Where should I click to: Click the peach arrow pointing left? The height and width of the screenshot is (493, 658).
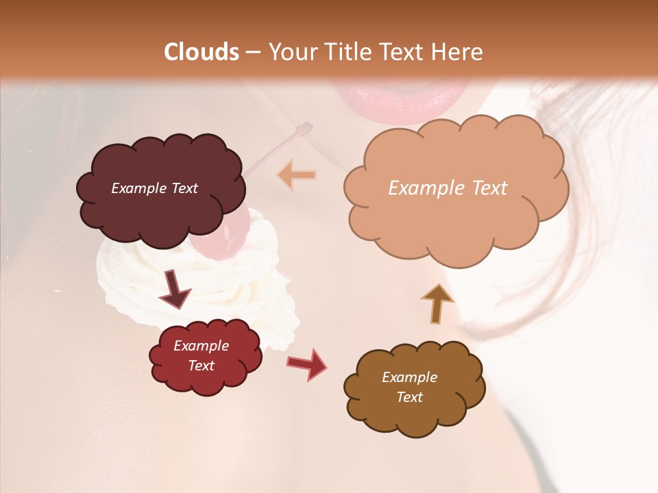[297, 175]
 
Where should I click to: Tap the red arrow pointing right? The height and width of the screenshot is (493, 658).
[307, 364]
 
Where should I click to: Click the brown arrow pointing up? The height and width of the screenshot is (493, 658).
[437, 303]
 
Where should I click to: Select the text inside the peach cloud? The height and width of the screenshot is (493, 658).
[448, 188]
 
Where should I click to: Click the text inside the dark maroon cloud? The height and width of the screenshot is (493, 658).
[155, 188]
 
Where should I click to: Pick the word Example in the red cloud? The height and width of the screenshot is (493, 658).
[201, 346]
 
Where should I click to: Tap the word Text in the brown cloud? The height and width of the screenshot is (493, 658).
[409, 397]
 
